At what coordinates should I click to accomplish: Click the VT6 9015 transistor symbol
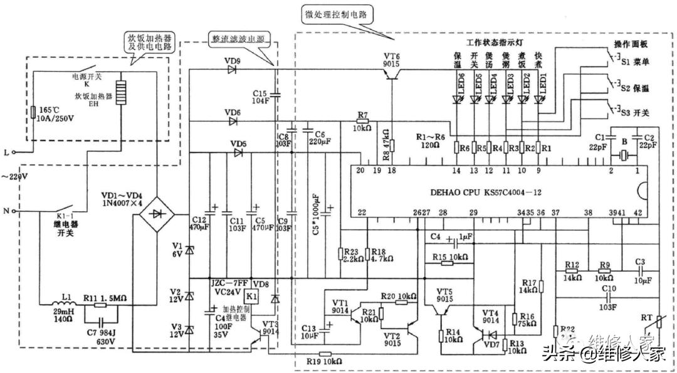coord(392,73)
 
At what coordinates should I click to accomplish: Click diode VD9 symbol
coord(231,70)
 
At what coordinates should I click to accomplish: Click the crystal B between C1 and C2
coord(623,154)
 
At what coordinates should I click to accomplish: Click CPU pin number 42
coord(638,214)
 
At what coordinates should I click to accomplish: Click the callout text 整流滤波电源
coord(238,39)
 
